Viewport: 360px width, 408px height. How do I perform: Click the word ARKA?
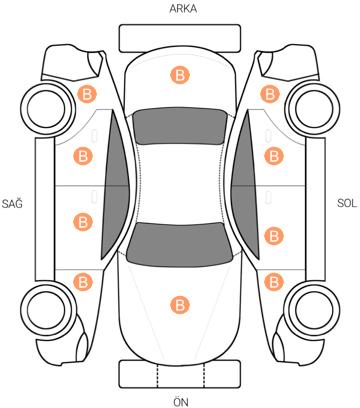(x=183, y=9)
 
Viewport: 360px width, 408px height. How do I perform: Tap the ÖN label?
(x=181, y=401)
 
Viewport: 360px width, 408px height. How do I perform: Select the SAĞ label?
(x=12, y=203)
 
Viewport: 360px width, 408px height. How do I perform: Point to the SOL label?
(x=347, y=203)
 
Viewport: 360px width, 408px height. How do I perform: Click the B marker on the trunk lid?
(x=180, y=75)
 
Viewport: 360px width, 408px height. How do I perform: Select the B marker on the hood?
(x=180, y=305)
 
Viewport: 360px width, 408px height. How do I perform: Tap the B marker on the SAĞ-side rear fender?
(x=87, y=94)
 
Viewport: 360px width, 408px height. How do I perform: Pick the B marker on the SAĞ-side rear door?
(x=83, y=156)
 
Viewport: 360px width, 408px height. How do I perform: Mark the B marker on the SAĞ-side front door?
(x=83, y=222)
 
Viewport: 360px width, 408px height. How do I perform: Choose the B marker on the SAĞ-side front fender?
(x=83, y=282)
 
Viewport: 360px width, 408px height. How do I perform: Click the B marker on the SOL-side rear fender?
(x=270, y=94)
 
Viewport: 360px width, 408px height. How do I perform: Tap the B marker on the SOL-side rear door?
(x=274, y=156)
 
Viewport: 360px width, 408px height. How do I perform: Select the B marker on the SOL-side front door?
(x=274, y=236)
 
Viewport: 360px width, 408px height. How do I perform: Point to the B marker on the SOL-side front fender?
(x=274, y=282)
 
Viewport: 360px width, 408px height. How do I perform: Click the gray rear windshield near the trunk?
(x=179, y=126)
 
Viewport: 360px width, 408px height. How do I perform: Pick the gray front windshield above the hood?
(x=179, y=245)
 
